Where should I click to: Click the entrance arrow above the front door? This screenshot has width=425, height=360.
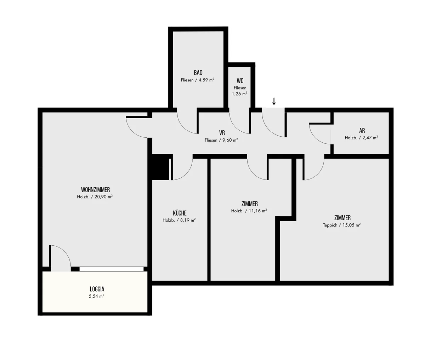click(x=274, y=101)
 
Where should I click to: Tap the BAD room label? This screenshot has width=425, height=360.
click(x=198, y=73)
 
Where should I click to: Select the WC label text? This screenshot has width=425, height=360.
click(x=240, y=81)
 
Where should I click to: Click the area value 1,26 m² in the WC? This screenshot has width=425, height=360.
click(x=239, y=94)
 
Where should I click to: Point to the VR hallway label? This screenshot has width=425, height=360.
click(x=222, y=133)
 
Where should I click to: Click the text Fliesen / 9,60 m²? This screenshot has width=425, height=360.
click(x=221, y=140)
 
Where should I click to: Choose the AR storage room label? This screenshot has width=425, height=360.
click(x=362, y=131)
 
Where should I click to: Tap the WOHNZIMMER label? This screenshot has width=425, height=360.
click(x=95, y=190)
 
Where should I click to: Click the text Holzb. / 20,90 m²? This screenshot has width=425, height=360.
click(x=95, y=197)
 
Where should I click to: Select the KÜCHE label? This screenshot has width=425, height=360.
click(x=180, y=213)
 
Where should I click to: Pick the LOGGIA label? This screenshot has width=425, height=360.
click(x=97, y=289)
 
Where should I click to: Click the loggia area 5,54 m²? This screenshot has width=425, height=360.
click(x=96, y=296)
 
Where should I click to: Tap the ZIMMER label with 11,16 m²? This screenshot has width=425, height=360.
click(x=250, y=204)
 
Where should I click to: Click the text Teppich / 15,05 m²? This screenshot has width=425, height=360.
click(x=342, y=225)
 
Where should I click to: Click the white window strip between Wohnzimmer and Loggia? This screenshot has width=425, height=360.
click(x=112, y=269)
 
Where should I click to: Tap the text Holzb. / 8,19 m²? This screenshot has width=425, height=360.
click(x=179, y=220)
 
